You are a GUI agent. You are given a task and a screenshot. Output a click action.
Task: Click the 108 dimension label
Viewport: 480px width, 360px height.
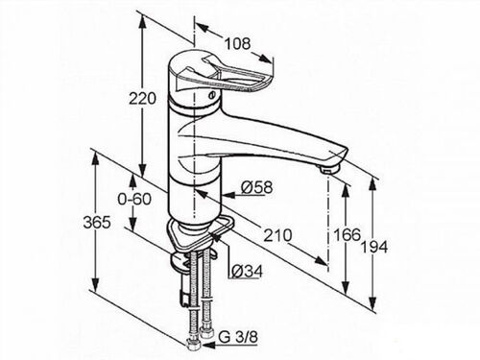[x=237, y=43]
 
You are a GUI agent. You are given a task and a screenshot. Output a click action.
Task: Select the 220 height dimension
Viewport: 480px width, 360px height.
[x=142, y=98]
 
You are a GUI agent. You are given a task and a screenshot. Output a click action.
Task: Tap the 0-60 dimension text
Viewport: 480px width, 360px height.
[x=134, y=199]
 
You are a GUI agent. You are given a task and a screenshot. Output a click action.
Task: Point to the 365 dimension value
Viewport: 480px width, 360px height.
[x=97, y=222]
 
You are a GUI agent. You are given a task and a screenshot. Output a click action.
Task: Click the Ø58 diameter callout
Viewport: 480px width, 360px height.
[x=256, y=187]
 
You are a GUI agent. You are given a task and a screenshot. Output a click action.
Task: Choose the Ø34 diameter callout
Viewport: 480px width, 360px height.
[x=247, y=272]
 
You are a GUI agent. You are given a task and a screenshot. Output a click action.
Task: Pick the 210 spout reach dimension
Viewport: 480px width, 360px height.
[x=277, y=235]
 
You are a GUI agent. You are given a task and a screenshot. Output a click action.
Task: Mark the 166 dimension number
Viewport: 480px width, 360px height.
[x=347, y=235]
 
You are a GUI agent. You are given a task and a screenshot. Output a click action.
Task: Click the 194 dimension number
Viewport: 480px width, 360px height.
[x=374, y=247]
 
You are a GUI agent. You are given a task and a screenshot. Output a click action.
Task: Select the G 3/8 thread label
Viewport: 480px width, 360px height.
[x=238, y=337]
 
